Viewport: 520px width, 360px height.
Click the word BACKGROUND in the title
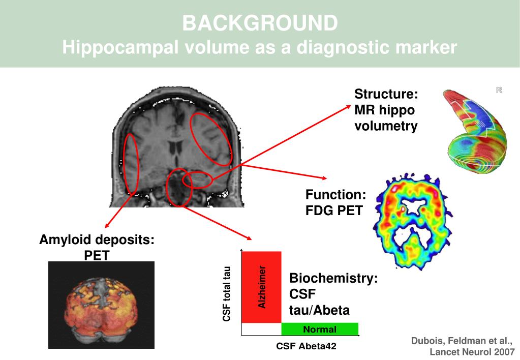pyautogui.click(x=260, y=23)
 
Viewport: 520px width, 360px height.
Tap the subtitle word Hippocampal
pyautogui.click(x=120, y=48)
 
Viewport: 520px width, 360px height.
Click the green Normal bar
pyautogui.click(x=320, y=329)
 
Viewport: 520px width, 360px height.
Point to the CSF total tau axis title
pyautogui.click(x=227, y=294)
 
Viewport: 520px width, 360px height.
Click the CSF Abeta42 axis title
pyautogui.click(x=306, y=347)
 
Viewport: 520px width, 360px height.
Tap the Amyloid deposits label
pyautogui.click(x=97, y=239)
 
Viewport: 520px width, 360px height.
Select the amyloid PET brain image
pyautogui.click(x=101, y=305)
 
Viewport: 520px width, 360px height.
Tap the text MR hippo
pyautogui.click(x=384, y=110)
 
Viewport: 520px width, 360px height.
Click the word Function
pyautogui.click(x=335, y=195)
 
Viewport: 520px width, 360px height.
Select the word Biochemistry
pyautogui.click(x=333, y=279)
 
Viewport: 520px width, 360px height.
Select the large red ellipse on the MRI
pyautogui.click(x=211, y=139)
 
